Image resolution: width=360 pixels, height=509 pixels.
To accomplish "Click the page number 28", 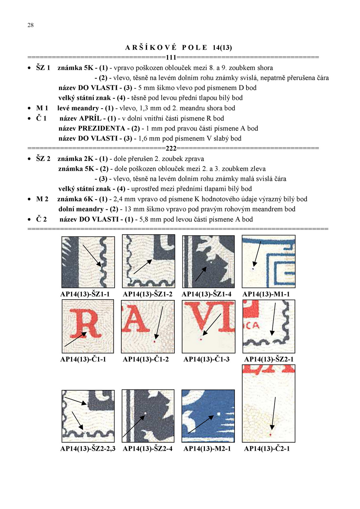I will [x=31, y=25].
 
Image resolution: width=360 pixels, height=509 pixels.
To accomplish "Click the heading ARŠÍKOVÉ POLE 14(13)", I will [x=179, y=47].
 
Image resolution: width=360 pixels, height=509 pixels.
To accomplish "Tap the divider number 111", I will [x=171, y=58].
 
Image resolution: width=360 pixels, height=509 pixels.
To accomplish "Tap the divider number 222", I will [x=171, y=148].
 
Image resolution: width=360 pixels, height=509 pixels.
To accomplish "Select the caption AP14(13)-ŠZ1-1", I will [x=85, y=294].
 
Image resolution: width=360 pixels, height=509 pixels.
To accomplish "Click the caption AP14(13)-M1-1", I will [x=266, y=294].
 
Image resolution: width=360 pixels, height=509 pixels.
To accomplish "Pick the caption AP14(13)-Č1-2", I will [x=146, y=359].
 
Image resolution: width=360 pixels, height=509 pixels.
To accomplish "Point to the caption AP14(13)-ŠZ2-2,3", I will [x=88, y=449].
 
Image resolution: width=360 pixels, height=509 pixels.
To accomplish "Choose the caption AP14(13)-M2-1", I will [x=207, y=449].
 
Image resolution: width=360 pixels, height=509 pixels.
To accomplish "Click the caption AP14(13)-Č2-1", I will [x=267, y=449].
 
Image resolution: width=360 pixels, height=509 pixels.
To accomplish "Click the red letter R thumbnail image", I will [x=88, y=326].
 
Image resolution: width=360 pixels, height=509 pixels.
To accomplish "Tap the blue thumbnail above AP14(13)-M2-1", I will [x=208, y=416].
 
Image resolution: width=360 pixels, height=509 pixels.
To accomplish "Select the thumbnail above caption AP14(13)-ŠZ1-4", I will [x=208, y=262].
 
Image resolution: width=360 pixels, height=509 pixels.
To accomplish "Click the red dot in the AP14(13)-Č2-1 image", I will [x=270, y=435].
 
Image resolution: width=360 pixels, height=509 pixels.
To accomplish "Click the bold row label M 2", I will [x=42, y=199].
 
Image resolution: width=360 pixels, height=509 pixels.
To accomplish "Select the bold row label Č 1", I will [x=41, y=118].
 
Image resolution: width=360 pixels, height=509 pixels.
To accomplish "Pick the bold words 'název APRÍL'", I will [x=81, y=118].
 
